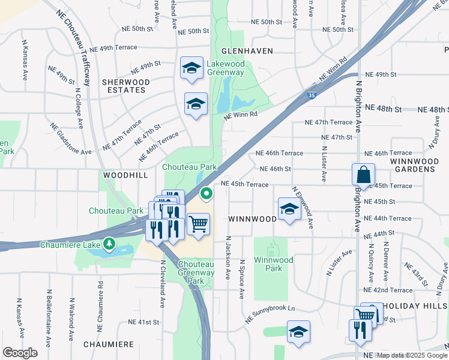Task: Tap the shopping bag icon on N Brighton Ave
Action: pyautogui.click(x=364, y=175)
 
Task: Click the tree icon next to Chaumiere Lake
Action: pyautogui.click(x=109, y=244)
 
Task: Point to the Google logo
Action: pyautogui.click(x=20, y=353)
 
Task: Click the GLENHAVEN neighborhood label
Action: pyautogui.click(x=247, y=51)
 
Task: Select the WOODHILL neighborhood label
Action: pyautogui.click(x=125, y=175)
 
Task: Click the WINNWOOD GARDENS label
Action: pyautogui.click(x=412, y=165)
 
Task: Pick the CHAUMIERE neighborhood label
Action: pyautogui.click(x=108, y=344)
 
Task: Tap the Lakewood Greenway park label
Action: pyautogui.click(x=225, y=68)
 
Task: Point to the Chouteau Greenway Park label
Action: pyautogui.click(x=196, y=272)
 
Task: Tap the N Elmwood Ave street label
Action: pyautogui.click(x=303, y=207)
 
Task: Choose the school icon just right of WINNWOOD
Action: pyautogui.click(x=289, y=209)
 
